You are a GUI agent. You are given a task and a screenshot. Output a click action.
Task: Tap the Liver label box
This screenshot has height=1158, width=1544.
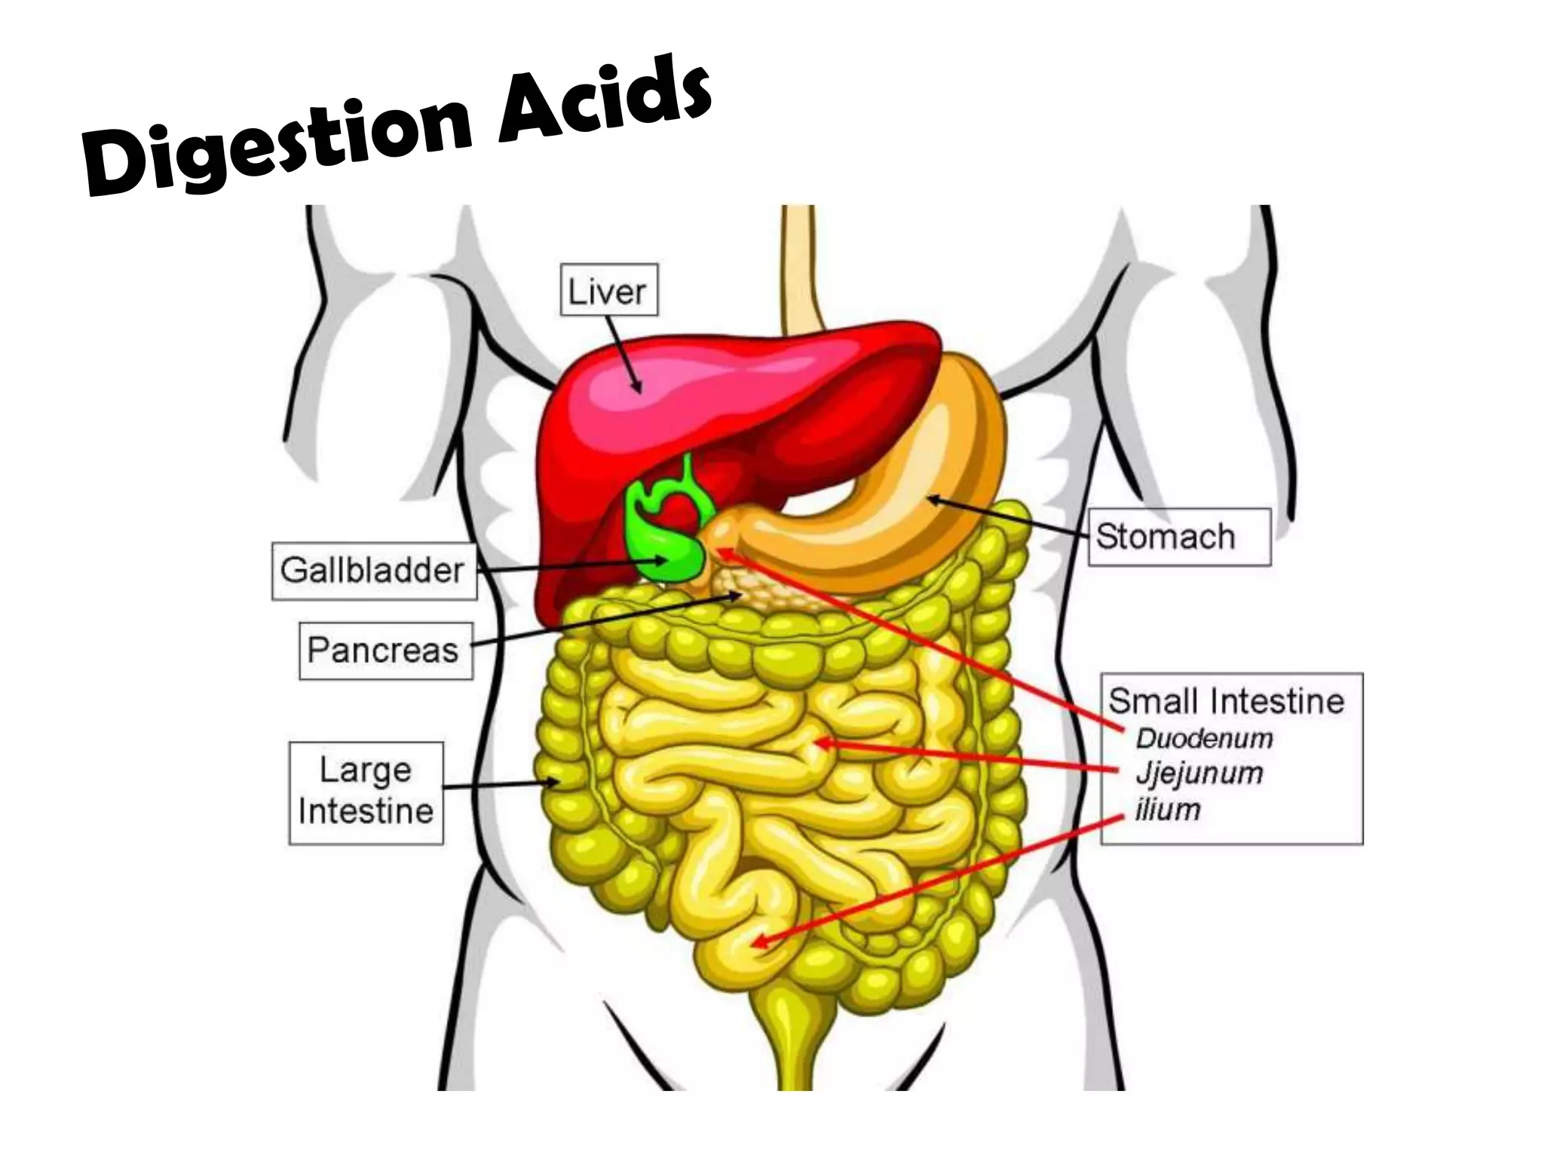(608, 290)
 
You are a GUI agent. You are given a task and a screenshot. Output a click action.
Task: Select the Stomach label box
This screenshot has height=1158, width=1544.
(1178, 537)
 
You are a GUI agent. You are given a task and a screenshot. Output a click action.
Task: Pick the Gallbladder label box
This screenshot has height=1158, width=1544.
(373, 571)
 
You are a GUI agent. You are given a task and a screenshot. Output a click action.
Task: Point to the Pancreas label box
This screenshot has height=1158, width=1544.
(384, 650)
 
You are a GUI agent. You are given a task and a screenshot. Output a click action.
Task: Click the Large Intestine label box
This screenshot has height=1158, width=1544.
(366, 792)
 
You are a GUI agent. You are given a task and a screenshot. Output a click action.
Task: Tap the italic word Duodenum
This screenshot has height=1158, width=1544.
(1204, 738)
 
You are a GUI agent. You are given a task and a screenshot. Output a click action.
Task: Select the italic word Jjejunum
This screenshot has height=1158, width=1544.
(1199, 773)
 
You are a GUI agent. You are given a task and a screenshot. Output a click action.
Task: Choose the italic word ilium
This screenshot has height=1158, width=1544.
(1168, 810)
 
